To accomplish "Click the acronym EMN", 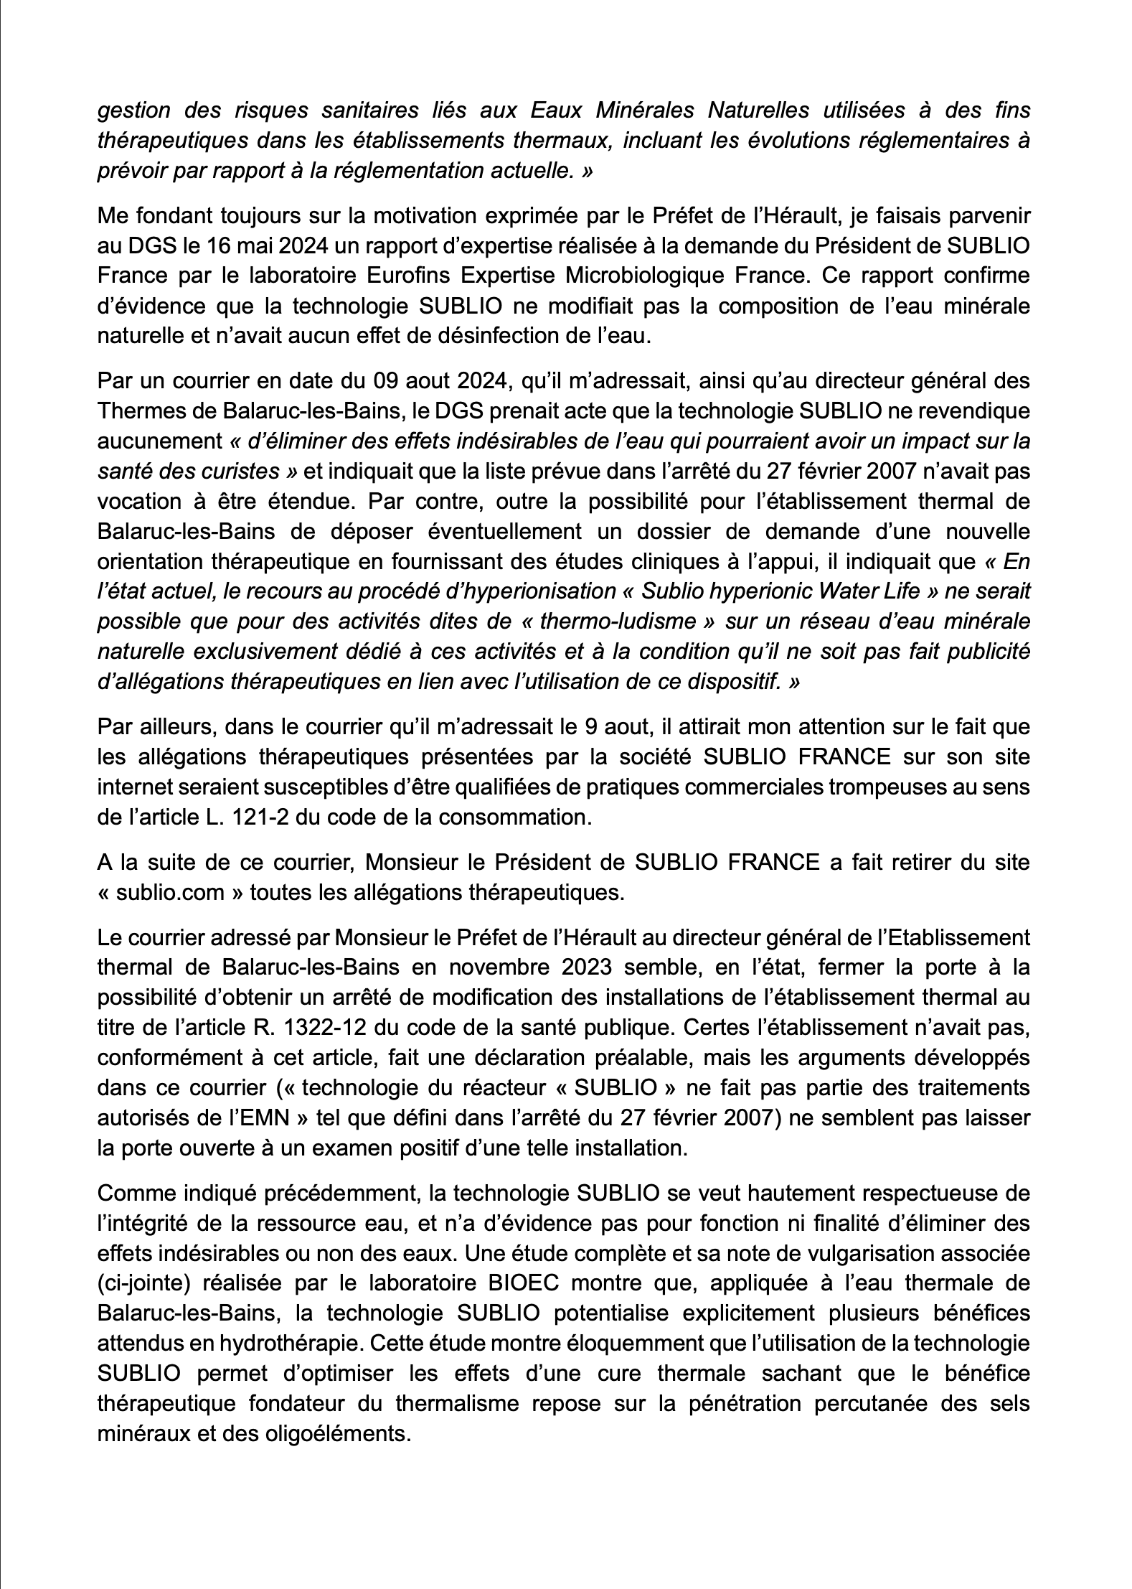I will tap(222, 1118).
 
